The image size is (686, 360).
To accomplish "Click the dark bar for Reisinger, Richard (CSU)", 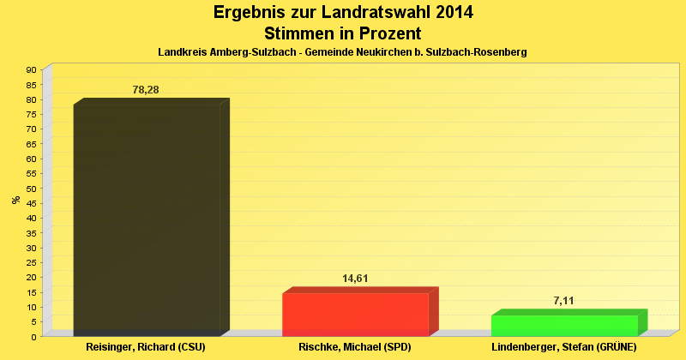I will [x=147, y=219].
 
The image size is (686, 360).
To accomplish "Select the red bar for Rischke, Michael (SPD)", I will [x=355, y=315].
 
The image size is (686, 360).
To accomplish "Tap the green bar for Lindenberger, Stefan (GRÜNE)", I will [x=564, y=326].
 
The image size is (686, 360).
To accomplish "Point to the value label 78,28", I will [x=146, y=90].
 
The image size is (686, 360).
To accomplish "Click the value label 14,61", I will [x=355, y=279].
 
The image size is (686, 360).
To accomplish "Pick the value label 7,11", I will [x=564, y=300].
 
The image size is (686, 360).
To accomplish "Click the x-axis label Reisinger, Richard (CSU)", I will [x=146, y=347].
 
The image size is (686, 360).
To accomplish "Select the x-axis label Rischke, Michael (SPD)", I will [x=355, y=347].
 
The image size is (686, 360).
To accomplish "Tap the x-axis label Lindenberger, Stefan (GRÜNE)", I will [x=564, y=347].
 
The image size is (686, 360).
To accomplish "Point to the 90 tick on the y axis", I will [x=31, y=69].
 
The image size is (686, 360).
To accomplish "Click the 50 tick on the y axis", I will [x=31, y=188].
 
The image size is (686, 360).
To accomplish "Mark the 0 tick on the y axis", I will [x=33, y=336].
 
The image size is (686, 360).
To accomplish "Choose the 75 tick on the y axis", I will [x=31, y=114].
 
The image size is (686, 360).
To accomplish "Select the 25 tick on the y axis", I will [x=31, y=262].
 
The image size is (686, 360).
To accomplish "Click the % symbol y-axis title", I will [x=15, y=200].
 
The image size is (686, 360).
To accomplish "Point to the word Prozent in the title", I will [x=385, y=33].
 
